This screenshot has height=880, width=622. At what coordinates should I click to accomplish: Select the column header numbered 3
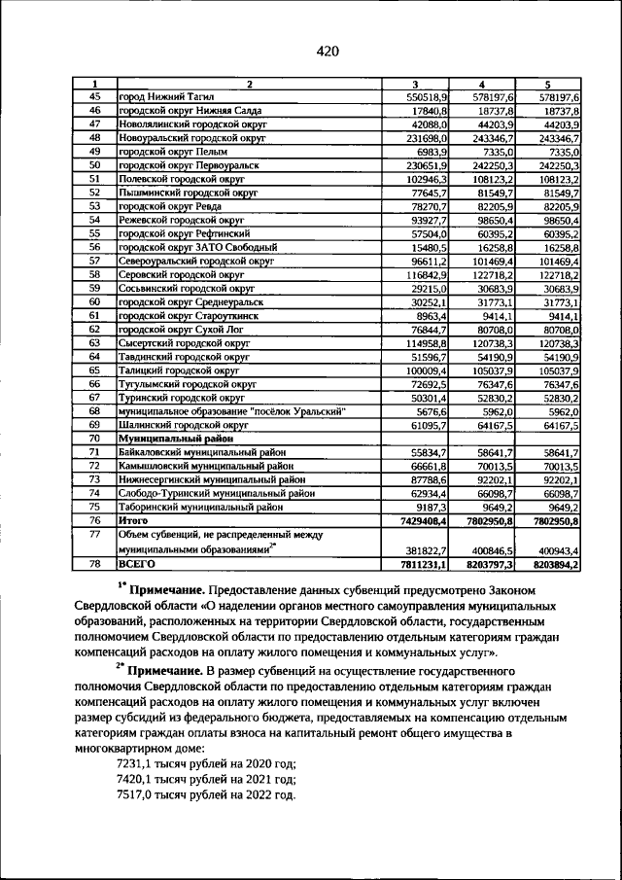pos(414,85)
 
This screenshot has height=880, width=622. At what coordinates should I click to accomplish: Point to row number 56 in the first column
pos(95,248)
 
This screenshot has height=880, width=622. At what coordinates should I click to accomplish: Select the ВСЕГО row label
pos(136,563)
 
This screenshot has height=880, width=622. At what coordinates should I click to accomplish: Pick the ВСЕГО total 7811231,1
pos(421,563)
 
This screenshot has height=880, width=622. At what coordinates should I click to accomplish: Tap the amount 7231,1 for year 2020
pos(142,764)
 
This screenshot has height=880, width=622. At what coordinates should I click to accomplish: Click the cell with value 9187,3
pos(429,508)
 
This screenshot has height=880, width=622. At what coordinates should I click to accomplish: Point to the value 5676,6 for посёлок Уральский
pos(429,411)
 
